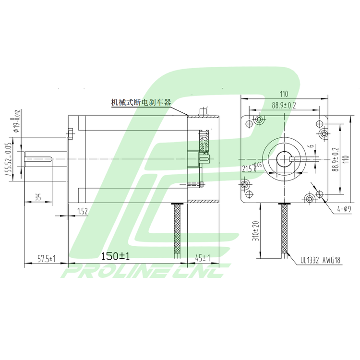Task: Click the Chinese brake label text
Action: tap(141, 102)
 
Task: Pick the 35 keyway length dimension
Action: tap(37, 197)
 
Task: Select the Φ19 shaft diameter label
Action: tap(15, 120)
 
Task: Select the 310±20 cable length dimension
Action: tap(255, 230)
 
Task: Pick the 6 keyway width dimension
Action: tap(312, 147)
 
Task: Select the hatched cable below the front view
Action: tap(284, 228)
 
